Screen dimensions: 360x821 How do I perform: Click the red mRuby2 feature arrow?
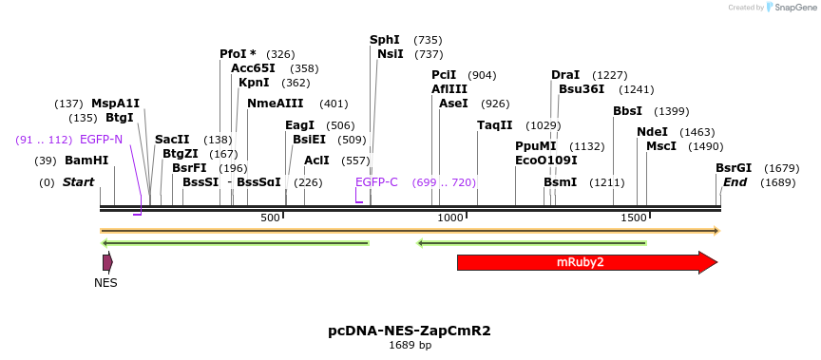[580, 262]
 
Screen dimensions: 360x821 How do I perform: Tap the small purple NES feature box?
[107, 261]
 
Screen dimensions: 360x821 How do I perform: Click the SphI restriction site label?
[385, 40]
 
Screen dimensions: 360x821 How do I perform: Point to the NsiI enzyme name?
[391, 54]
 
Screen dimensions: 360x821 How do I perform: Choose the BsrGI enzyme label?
[734, 168]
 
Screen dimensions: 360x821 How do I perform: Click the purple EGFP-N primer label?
[101, 140]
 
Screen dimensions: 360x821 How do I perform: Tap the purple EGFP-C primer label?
[376, 182]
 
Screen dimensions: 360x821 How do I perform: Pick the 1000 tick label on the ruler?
[450, 218]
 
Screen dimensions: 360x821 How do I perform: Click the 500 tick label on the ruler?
[271, 218]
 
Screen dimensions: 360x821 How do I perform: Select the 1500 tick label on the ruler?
[633, 218]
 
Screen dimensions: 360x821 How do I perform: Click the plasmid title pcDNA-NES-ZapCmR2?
[410, 331]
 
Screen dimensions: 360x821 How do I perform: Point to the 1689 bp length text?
[410, 346]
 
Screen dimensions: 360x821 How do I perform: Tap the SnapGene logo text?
[792, 8]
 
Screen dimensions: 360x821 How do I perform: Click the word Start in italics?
[79, 182]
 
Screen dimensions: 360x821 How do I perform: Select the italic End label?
[735, 182]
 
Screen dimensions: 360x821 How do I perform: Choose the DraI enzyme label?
[565, 75]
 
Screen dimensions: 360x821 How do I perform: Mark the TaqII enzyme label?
[494, 125]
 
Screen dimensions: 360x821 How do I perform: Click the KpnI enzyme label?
[254, 83]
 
